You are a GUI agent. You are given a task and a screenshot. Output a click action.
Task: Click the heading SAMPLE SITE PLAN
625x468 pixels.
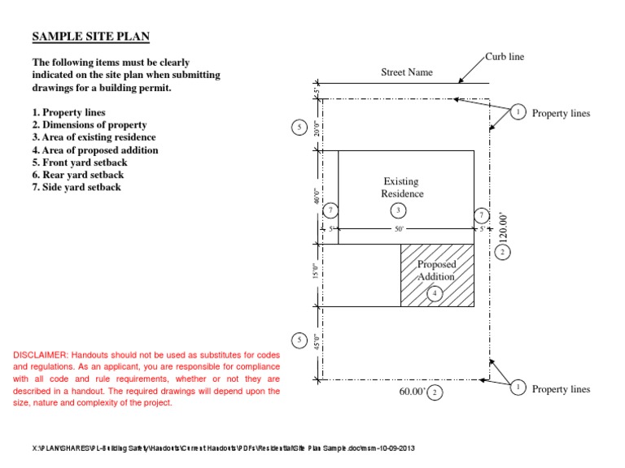click(90, 37)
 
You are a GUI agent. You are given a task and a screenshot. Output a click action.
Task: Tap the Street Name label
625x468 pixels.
click(407, 72)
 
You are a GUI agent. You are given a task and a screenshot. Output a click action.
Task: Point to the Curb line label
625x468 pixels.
click(505, 56)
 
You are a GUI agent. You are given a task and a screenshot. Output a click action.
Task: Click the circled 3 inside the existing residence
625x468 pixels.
click(398, 210)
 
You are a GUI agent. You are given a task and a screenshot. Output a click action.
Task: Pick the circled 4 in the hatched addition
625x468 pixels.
click(435, 293)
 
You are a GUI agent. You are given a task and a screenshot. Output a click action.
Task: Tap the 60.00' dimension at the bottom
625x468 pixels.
click(411, 392)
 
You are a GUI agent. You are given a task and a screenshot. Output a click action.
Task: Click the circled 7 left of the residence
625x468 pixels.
click(330, 210)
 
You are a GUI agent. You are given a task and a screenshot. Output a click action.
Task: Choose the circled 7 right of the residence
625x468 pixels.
click(482, 215)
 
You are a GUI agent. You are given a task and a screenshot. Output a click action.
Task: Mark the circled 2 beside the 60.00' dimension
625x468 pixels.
click(436, 393)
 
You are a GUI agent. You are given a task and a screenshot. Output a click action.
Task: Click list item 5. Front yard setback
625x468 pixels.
click(80, 162)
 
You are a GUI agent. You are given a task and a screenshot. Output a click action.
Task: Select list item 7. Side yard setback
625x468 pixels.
click(76, 187)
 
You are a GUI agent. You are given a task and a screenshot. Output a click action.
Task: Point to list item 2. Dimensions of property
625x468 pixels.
click(90, 125)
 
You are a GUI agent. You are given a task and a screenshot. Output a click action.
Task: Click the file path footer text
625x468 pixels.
click(229, 448)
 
